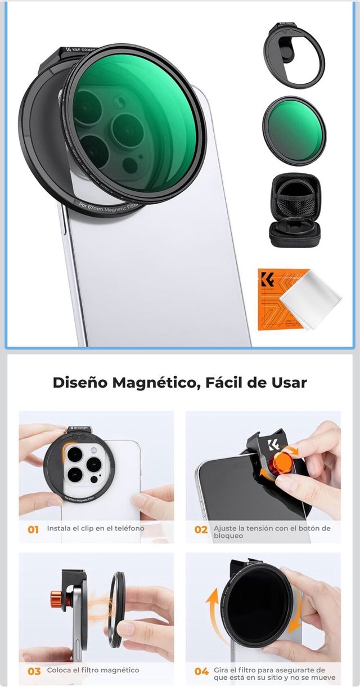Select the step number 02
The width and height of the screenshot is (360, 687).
(x=201, y=529)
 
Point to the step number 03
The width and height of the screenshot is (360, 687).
(x=34, y=671)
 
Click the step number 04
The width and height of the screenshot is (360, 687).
(x=201, y=671)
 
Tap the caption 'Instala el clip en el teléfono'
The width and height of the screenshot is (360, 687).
(x=96, y=528)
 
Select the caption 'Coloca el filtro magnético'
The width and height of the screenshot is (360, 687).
(x=93, y=670)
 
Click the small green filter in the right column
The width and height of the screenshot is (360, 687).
(x=294, y=131)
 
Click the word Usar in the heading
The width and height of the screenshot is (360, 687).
(x=286, y=383)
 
